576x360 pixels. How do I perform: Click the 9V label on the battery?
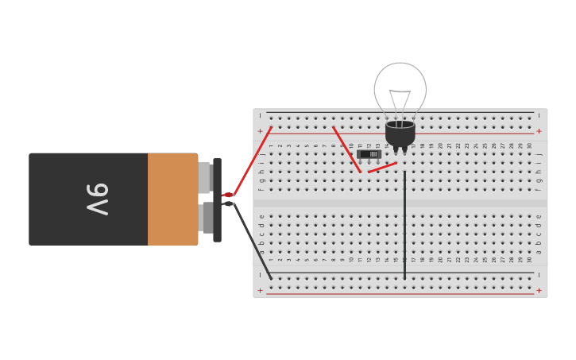[x=97, y=199]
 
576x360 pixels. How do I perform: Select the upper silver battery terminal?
[x=204, y=178]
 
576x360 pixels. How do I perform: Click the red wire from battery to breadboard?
[x=253, y=160]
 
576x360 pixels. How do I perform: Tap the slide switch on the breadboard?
[x=369, y=154]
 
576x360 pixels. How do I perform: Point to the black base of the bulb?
[x=400, y=134]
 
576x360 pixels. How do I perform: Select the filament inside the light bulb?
[x=400, y=101]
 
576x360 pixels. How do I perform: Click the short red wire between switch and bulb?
[x=382, y=167]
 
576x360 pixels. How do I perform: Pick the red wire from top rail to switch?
[x=346, y=149]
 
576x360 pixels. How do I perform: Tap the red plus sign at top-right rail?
[x=539, y=131]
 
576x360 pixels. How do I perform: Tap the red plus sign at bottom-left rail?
[x=260, y=290]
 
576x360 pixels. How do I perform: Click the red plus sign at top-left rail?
[x=260, y=131]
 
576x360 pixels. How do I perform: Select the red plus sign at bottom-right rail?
[x=539, y=290]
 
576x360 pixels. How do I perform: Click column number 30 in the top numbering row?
[x=529, y=145]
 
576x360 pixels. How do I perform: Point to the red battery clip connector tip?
[x=227, y=195]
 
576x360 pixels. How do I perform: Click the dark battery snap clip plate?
[x=217, y=199]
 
